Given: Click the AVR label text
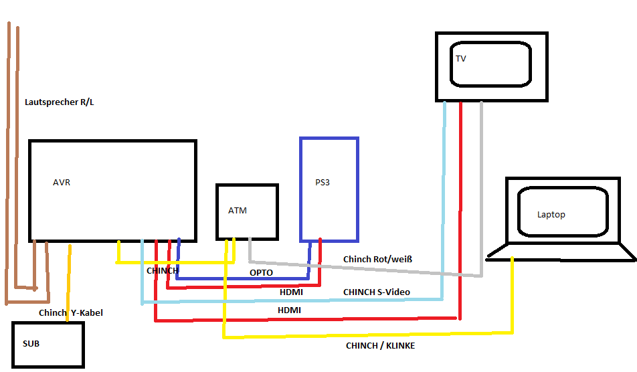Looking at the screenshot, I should coord(62,182).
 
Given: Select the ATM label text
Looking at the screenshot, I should coord(238,211).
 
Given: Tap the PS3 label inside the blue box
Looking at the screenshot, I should coord(323,182).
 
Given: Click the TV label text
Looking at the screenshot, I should coord(461,59).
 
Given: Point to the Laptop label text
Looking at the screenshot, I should coord(551,215).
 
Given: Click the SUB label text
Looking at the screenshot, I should coord(31,344).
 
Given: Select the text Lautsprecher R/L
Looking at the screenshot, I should coord(59,102).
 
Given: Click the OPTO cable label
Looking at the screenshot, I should coord(261,273).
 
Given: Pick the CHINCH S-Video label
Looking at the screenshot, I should coord(377,292).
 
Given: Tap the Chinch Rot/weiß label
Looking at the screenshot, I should coord(381,259).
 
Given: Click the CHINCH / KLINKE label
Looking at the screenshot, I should coord(380,346).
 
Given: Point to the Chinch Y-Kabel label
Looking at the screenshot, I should coord(71,313).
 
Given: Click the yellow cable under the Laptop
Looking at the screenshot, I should coord(513,294).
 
